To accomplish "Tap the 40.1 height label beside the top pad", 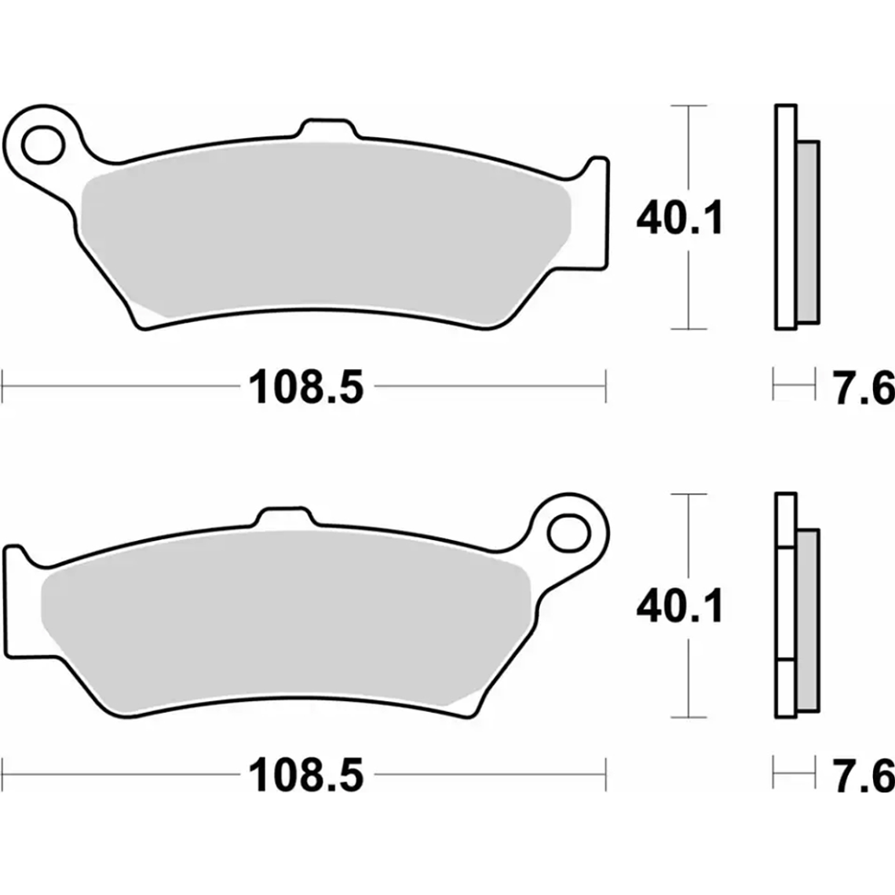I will (x=680, y=219).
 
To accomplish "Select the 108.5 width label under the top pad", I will (x=306, y=387).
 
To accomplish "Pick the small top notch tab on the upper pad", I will (x=326, y=129).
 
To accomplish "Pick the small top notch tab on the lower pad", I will (x=286, y=517).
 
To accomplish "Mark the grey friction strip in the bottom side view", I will (x=807, y=620).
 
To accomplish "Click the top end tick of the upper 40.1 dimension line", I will (x=689, y=104).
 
